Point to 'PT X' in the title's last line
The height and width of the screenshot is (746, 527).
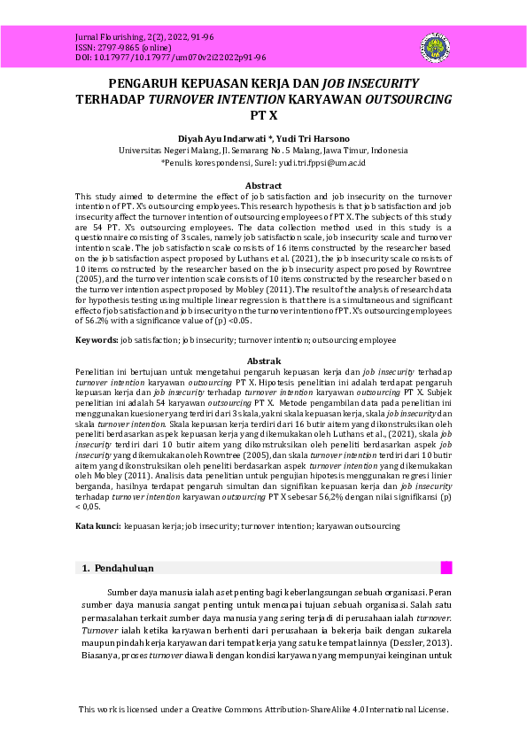tap(263, 115)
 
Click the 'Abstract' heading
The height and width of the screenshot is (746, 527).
tap(263, 185)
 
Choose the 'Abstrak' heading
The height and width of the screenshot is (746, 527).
tap(263, 361)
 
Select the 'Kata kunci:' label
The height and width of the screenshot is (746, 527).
tap(98, 526)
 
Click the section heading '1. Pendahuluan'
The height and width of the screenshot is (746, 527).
tap(118, 568)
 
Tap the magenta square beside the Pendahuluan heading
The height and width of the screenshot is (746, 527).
tap(446, 568)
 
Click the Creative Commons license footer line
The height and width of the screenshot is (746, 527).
tap(263, 710)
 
